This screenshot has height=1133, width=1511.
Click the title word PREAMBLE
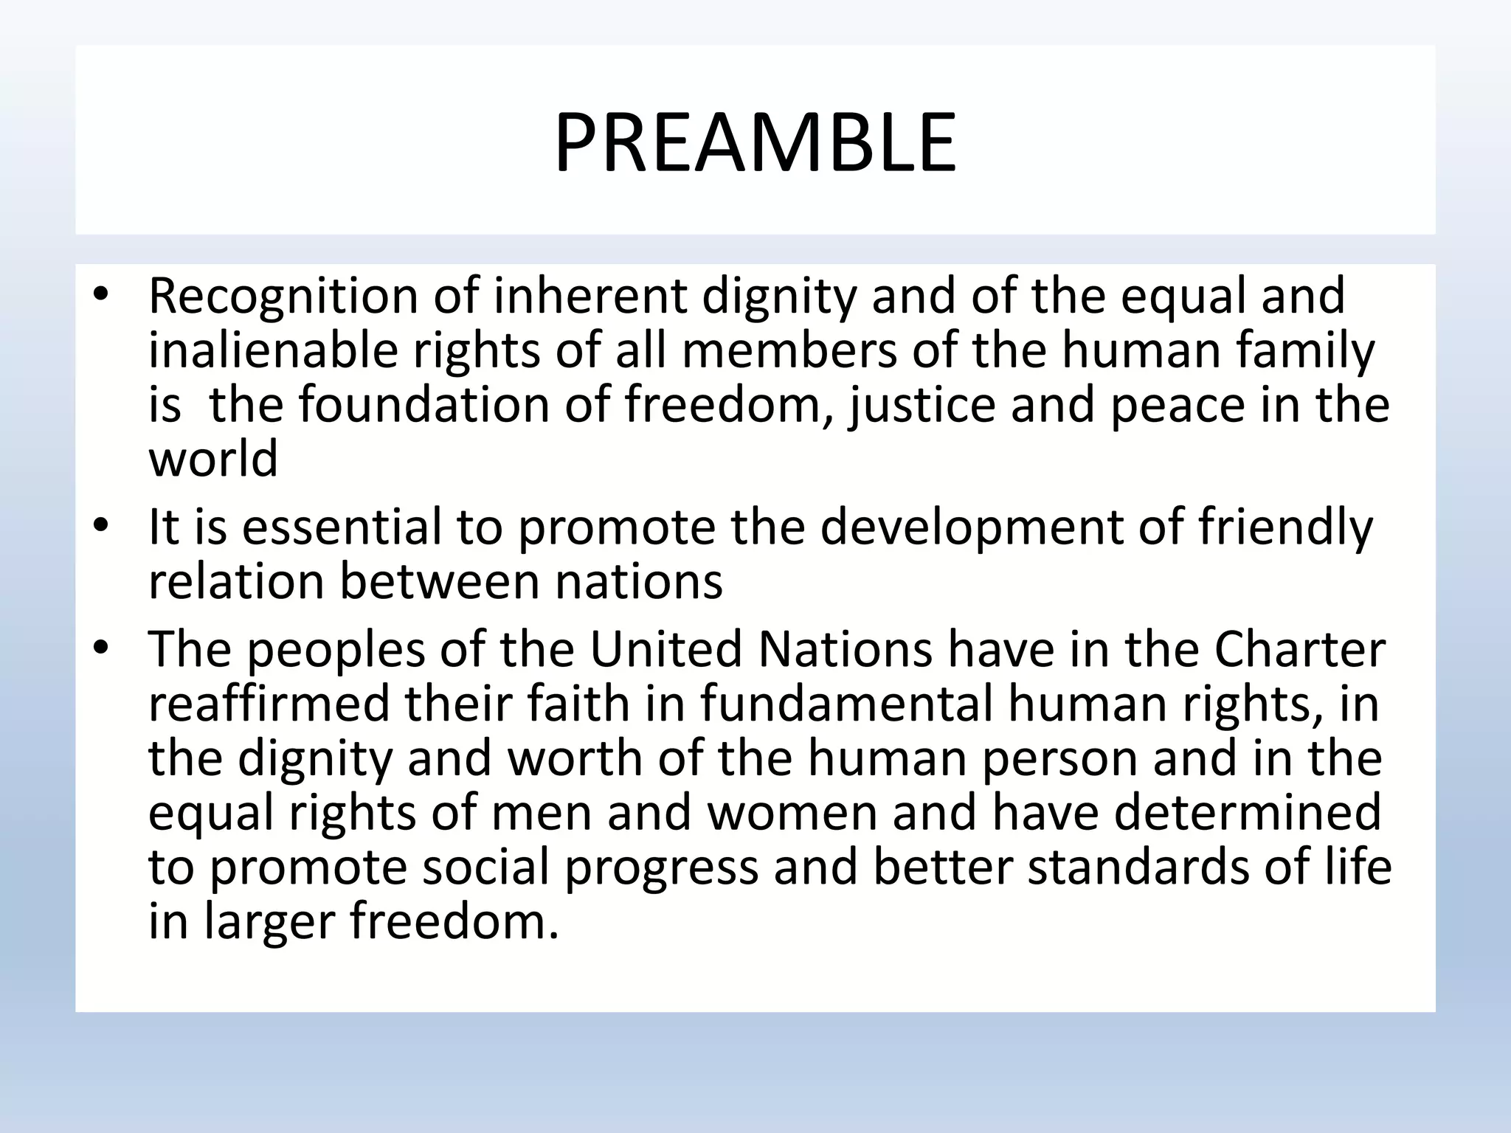pyautogui.click(x=755, y=142)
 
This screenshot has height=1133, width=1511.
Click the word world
pyautogui.click(x=213, y=458)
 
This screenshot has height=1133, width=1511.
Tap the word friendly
pyautogui.click(x=1284, y=528)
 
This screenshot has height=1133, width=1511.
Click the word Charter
pyautogui.click(x=1299, y=649)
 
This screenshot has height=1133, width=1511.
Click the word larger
pyautogui.click(x=269, y=922)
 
